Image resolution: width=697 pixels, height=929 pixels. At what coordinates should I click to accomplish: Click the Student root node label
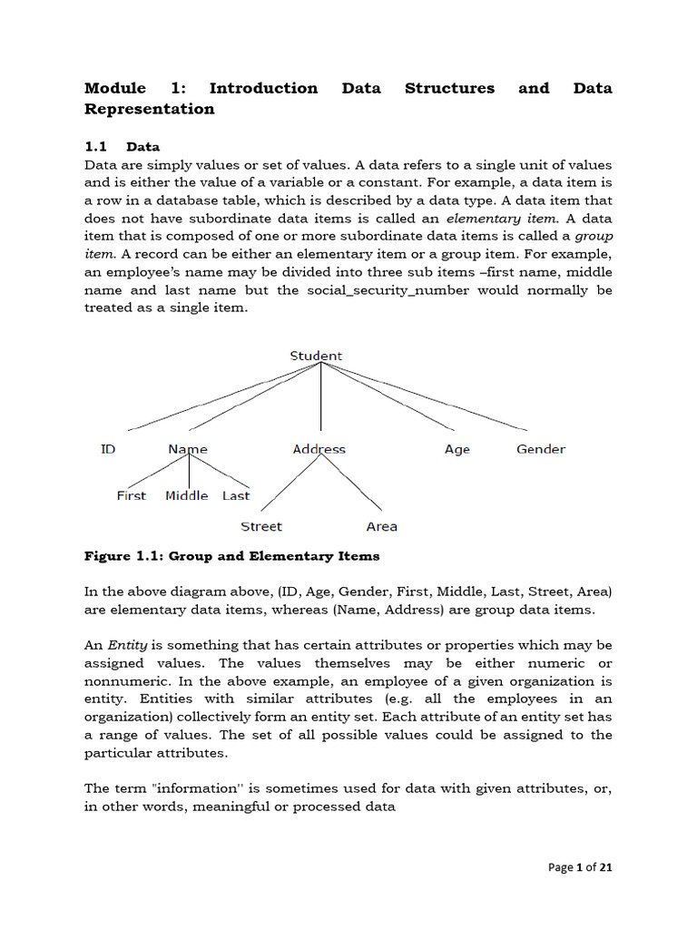click(x=316, y=356)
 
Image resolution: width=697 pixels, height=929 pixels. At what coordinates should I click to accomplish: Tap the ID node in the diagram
click(x=108, y=449)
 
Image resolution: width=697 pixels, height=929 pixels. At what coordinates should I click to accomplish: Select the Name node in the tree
click(x=188, y=449)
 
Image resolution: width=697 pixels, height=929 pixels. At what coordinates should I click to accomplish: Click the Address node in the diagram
click(x=319, y=449)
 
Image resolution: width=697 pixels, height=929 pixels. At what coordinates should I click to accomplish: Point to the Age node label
click(x=457, y=449)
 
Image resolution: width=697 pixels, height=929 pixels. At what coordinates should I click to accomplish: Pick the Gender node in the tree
click(x=541, y=449)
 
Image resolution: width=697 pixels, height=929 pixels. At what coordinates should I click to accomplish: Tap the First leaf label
click(x=131, y=495)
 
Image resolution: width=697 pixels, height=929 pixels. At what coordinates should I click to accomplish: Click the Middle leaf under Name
click(x=187, y=495)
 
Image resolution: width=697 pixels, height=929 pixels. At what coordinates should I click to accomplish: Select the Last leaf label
click(x=236, y=495)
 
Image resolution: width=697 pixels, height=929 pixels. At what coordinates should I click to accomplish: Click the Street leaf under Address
click(x=261, y=526)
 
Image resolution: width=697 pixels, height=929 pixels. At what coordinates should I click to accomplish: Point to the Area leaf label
click(x=381, y=526)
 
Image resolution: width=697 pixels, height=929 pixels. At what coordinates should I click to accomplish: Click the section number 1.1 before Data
click(x=95, y=146)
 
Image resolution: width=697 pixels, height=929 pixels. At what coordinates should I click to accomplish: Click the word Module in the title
click(x=114, y=88)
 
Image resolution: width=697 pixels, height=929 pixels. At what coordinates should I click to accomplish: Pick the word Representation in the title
click(x=150, y=109)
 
